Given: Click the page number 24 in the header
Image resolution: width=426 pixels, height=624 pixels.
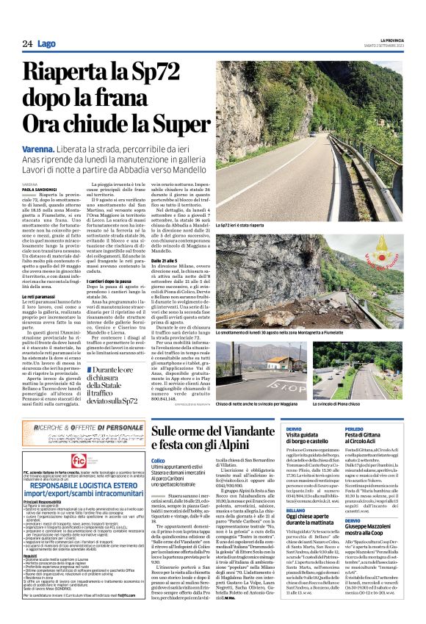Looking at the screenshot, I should [x=26, y=45].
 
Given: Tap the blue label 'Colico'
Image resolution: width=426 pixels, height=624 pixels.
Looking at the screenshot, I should [x=158, y=460].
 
